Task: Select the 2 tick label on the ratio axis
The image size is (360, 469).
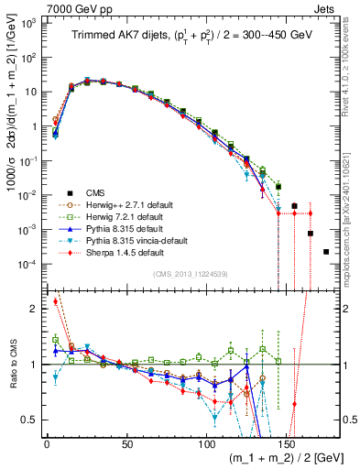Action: (x=33, y=309)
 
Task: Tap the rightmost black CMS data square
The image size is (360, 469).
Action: (x=326, y=251)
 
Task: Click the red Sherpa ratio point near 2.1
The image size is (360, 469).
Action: (x=55, y=300)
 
